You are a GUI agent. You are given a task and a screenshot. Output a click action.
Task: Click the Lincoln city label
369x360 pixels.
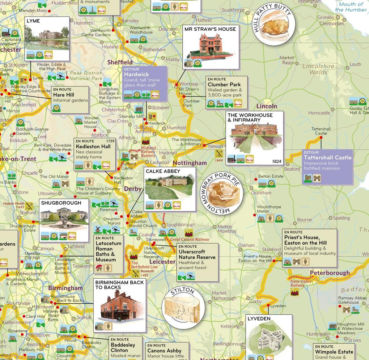(267, 106)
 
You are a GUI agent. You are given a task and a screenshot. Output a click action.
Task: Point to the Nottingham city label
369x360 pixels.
(190, 163)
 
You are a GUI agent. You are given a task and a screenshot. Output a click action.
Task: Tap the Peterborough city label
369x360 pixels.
(330, 273)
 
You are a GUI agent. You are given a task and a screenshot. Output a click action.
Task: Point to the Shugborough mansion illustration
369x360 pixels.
(64, 218)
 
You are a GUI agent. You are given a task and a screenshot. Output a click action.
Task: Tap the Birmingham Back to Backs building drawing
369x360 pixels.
(119, 305)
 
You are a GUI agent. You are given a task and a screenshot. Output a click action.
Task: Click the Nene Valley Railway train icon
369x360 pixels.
(295, 293)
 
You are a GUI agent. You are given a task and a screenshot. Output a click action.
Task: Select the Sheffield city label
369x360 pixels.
(120, 62)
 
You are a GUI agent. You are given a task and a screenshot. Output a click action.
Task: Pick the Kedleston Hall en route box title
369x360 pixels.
(93, 146)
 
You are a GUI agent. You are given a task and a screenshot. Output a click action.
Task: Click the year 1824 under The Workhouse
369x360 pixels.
(276, 161)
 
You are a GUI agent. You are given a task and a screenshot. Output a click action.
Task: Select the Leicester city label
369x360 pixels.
(162, 261)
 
